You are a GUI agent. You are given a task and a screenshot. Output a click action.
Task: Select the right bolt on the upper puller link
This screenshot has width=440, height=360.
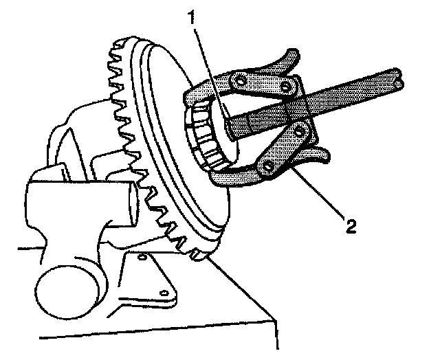coord(285,87)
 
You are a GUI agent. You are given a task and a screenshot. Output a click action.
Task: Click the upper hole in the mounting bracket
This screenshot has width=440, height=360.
coord(142,257)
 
